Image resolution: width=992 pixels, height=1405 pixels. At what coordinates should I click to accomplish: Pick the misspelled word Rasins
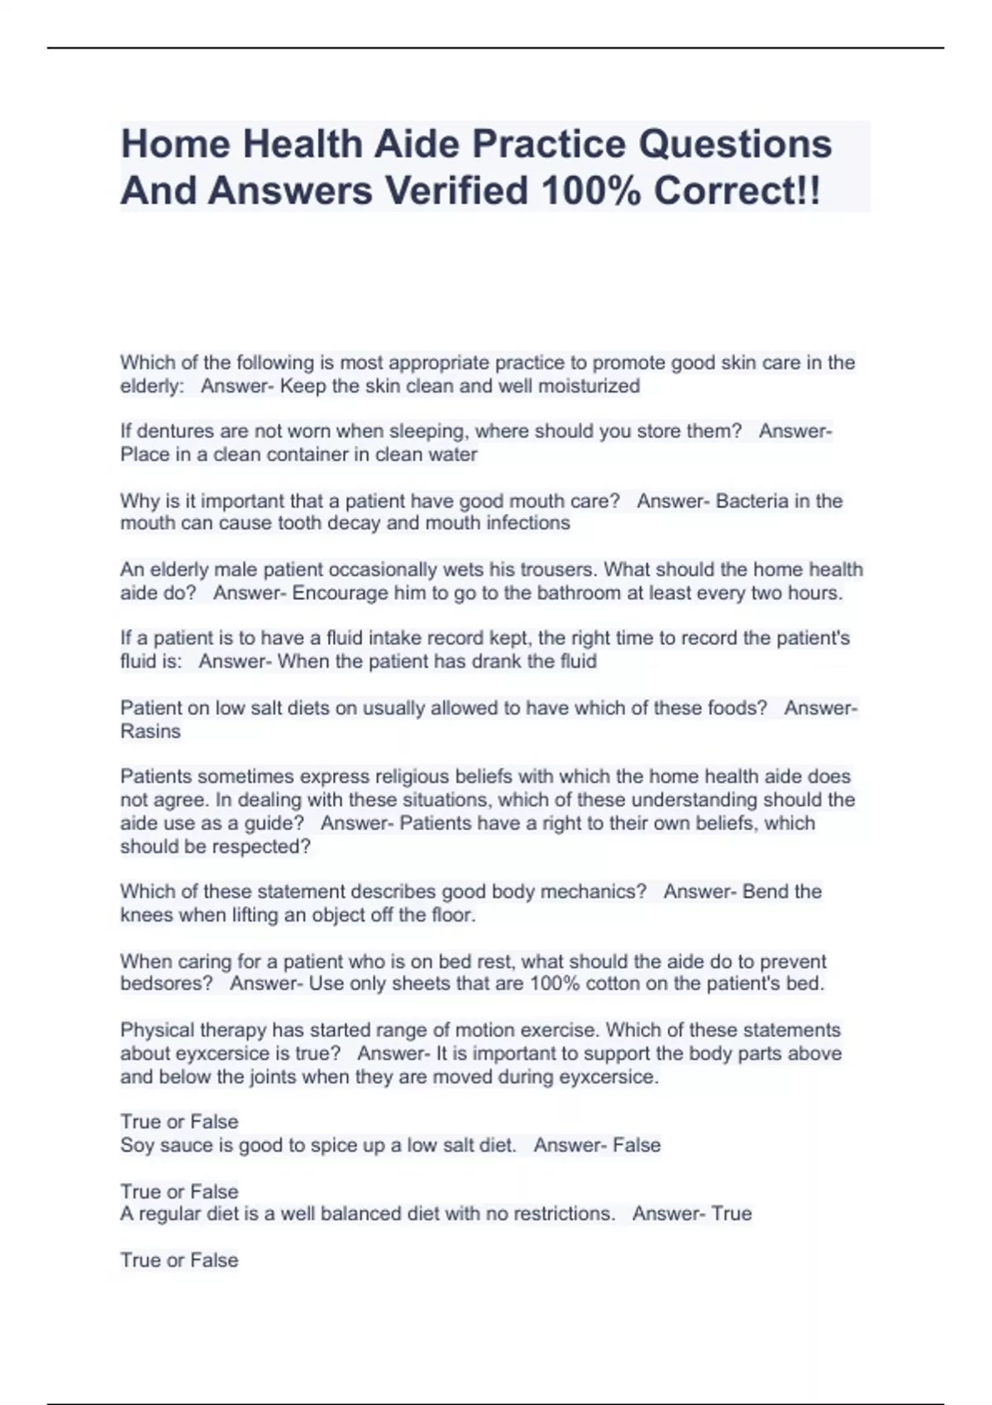coord(150,731)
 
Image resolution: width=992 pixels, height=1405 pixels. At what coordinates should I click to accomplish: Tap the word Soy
coord(136,1145)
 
